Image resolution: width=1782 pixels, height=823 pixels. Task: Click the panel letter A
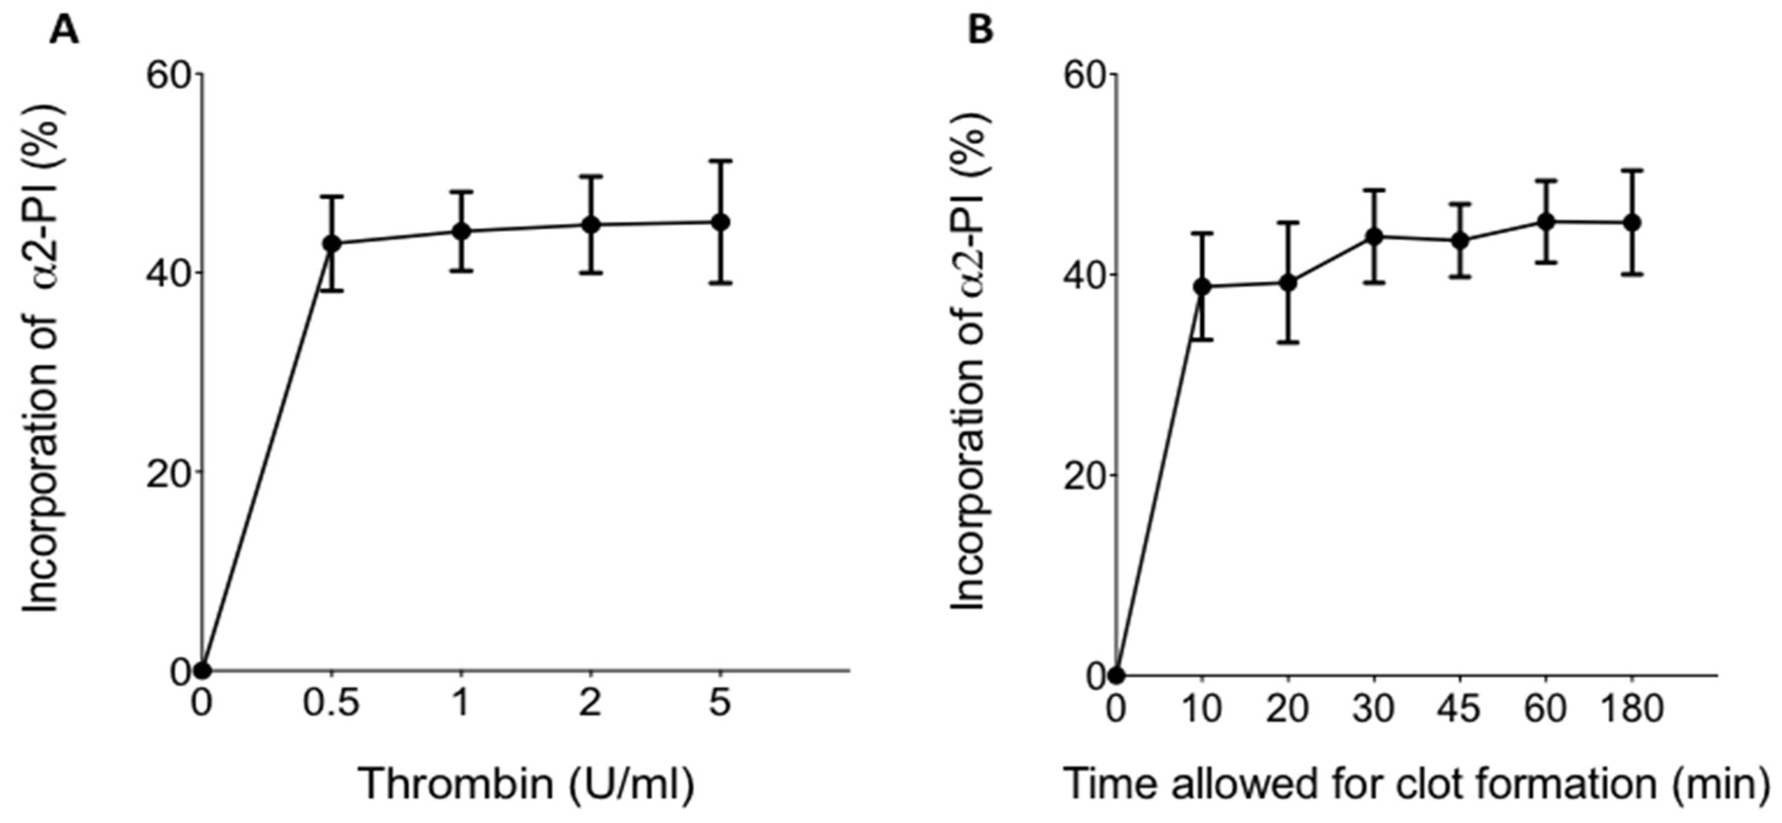click(x=64, y=31)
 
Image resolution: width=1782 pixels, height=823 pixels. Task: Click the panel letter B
click(x=980, y=31)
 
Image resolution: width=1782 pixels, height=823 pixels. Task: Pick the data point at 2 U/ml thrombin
click(x=591, y=225)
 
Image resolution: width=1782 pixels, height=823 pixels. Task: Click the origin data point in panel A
click(x=202, y=670)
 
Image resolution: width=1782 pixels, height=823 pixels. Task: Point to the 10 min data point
click(x=1202, y=286)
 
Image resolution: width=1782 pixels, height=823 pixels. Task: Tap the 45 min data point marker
click(x=1460, y=241)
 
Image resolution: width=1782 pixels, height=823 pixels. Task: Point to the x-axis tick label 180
click(x=1631, y=709)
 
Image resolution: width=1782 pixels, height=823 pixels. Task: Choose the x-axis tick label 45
click(x=1459, y=709)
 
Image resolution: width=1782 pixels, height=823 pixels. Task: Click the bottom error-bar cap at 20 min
click(x=1288, y=342)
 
